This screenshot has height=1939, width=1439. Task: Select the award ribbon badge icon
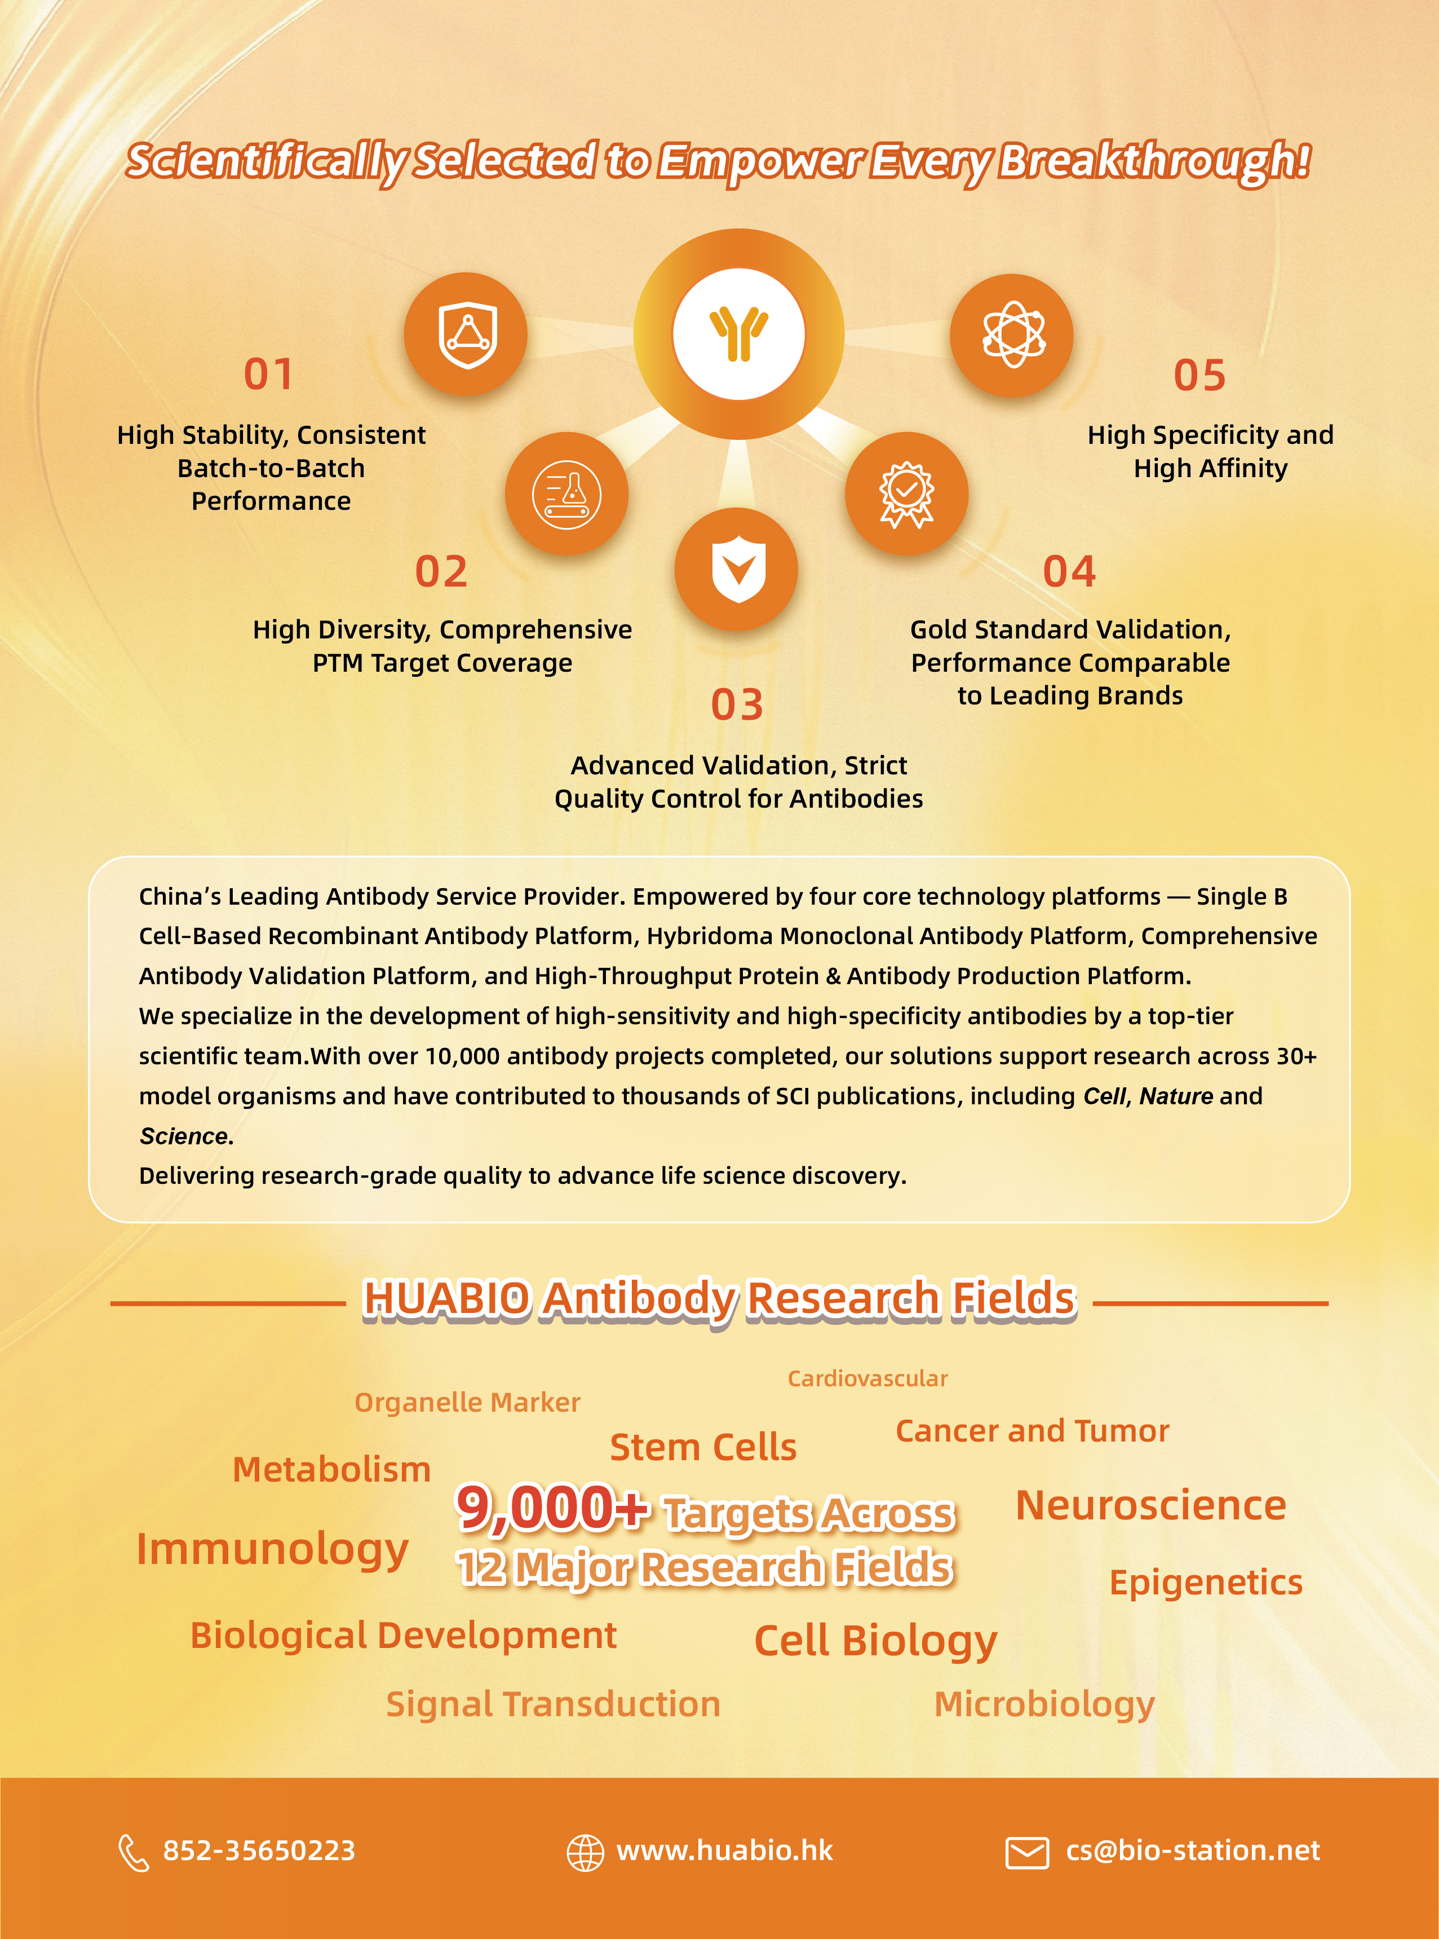click(906, 493)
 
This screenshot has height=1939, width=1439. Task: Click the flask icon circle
click(566, 493)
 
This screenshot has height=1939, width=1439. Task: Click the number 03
click(737, 704)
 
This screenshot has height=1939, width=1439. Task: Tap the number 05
click(1199, 376)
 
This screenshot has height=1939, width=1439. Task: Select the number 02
click(441, 572)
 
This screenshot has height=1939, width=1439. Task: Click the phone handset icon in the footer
click(133, 1852)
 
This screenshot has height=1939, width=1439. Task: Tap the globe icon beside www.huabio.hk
click(585, 1852)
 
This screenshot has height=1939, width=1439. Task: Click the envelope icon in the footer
click(1027, 1852)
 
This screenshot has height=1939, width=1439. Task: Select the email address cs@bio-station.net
click(1193, 1850)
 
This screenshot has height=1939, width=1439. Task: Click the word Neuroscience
click(1150, 1506)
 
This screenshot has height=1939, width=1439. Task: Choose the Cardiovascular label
click(867, 1378)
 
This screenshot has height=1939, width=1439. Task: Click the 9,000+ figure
click(552, 1509)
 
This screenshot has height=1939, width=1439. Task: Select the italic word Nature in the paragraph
click(1176, 1095)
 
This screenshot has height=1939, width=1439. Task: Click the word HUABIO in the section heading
click(446, 1298)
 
